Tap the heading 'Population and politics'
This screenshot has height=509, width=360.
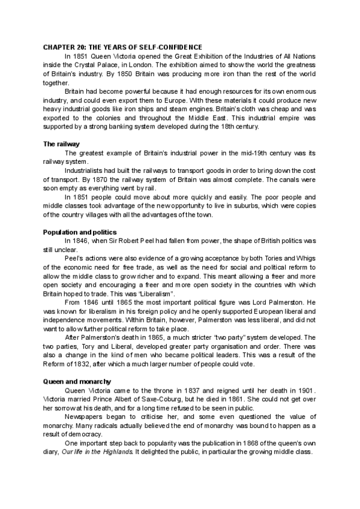pos(80,232)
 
